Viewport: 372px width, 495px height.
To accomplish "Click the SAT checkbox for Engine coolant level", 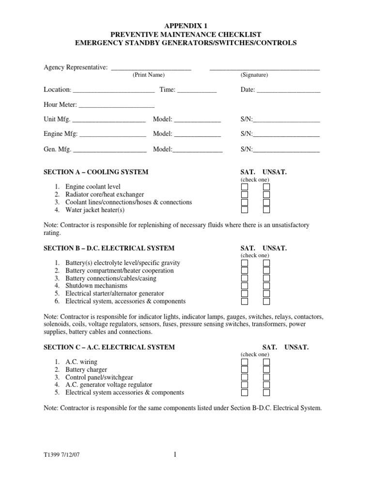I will [x=245, y=187].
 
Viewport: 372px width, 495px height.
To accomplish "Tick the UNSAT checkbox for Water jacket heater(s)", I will [x=266, y=210].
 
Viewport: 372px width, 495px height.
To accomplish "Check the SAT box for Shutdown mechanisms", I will [x=245, y=286].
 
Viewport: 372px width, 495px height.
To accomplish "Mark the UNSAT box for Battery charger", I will [x=266, y=370].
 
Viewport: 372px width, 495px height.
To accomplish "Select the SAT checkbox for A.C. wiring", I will [x=245, y=362].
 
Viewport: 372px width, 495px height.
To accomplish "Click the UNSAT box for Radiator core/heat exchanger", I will [x=266, y=195].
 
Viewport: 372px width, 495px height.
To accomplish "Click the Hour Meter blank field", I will [x=116, y=105].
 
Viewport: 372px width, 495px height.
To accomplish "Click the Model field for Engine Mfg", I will [x=197, y=134].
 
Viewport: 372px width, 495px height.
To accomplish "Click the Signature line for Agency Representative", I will [x=264, y=68].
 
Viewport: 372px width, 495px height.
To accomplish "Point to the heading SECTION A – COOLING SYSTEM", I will [x=96, y=172].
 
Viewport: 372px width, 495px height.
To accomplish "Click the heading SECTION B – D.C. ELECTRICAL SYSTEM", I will [x=109, y=248].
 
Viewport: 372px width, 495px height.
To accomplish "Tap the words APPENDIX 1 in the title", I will [x=186, y=26].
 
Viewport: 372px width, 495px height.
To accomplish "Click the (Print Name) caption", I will [x=149, y=75].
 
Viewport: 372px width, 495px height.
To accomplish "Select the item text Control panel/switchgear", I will [x=99, y=378].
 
